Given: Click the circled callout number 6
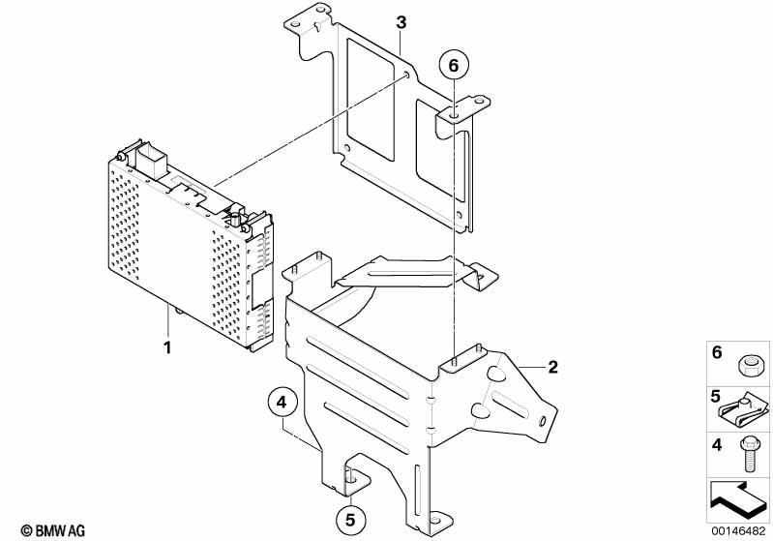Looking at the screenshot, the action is (454, 66).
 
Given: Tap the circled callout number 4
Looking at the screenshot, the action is (282, 403).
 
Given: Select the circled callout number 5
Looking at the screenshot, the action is (350, 521).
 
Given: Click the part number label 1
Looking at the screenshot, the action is (167, 347).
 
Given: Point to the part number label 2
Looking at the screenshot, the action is (552, 367).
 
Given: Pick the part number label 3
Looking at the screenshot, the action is (401, 22).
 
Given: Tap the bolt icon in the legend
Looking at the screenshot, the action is (745, 454).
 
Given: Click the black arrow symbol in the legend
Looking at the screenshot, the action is (738, 499).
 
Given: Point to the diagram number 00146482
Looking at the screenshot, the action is (738, 531).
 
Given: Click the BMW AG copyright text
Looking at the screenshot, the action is (53, 530).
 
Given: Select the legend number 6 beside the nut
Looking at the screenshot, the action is (717, 352).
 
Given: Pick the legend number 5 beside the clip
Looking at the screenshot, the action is (716, 396).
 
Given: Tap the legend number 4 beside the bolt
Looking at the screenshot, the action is (717, 445).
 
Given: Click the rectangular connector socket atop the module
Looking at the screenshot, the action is (151, 160).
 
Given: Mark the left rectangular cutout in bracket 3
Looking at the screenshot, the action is (371, 100).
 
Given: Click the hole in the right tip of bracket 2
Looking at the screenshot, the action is (543, 421).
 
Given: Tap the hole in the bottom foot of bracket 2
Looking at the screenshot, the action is (434, 520).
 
